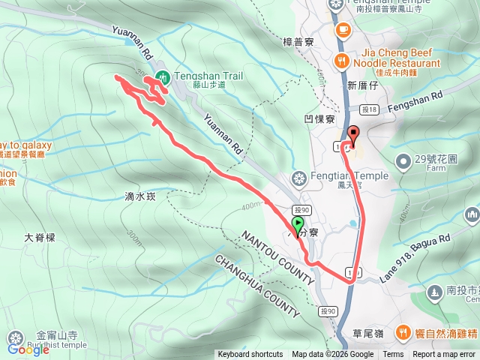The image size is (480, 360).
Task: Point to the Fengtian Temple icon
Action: point(298,178)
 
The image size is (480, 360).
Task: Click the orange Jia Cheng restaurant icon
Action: point(342,60)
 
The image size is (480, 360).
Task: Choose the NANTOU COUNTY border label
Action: point(278,257)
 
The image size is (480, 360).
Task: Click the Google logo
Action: point(28,349)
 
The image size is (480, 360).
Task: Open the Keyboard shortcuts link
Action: point(250,355)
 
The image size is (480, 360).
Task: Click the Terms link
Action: point(393,355)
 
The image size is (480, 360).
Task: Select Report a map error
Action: point(445,355)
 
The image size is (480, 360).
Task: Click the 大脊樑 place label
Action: point(40,237)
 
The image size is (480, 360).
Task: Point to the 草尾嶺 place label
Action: point(367,334)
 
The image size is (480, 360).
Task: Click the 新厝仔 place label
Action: point(362,85)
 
